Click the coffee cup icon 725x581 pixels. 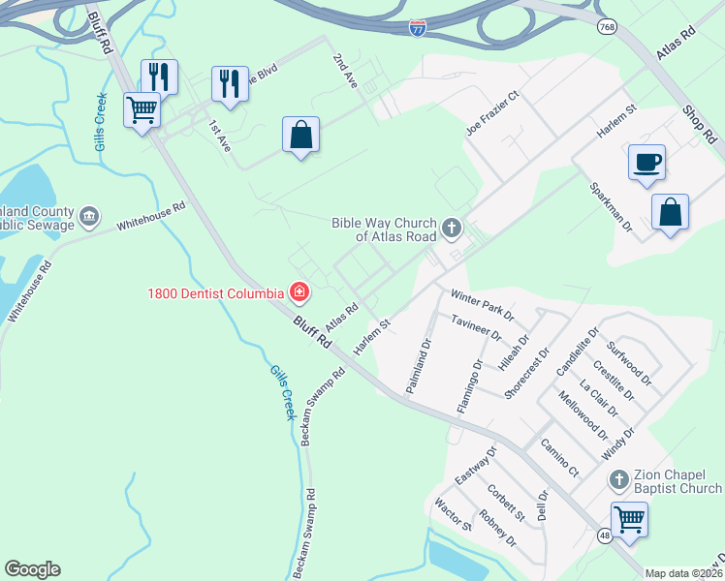click(646, 162)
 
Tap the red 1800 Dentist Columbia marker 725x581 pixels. click(299, 291)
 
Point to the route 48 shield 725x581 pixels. click(605, 535)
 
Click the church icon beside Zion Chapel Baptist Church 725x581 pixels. click(618, 480)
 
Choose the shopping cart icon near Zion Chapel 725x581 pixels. click(629, 519)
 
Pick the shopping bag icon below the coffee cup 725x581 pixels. click(670, 212)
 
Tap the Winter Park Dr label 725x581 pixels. click(482, 302)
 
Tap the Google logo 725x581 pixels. click(32, 568)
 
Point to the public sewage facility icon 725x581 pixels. click(89, 215)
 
